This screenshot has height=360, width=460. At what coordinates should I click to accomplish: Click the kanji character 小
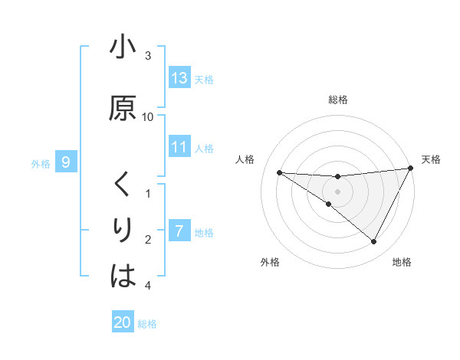click(x=123, y=49)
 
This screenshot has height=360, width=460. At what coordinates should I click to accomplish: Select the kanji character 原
click(x=123, y=108)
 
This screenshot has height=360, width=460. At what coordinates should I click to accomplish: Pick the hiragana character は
click(x=123, y=277)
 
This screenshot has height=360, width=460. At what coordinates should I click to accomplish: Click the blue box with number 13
click(x=179, y=78)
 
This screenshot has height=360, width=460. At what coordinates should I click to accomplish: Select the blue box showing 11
click(x=179, y=147)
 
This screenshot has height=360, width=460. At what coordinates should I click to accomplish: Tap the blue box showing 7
click(x=179, y=231)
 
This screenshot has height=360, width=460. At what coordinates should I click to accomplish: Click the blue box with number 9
click(x=66, y=162)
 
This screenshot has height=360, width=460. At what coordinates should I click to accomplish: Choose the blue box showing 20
click(x=123, y=322)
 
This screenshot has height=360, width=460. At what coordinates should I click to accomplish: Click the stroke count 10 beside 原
click(x=148, y=117)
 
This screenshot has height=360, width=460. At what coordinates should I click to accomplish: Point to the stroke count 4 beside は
click(x=148, y=286)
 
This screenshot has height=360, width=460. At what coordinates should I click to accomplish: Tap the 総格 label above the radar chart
click(x=337, y=100)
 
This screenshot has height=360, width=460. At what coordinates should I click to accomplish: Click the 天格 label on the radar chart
click(x=431, y=159)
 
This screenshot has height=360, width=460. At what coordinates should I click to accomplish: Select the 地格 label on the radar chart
click(x=402, y=263)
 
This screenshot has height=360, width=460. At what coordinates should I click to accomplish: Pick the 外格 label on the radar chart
click(x=270, y=263)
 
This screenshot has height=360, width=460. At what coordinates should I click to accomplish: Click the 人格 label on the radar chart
click(x=245, y=159)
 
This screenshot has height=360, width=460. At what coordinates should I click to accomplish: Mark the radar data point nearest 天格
click(x=411, y=168)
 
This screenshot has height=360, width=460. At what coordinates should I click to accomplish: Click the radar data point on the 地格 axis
click(x=374, y=242)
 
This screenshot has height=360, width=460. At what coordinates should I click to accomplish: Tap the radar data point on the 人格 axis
click(x=279, y=172)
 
